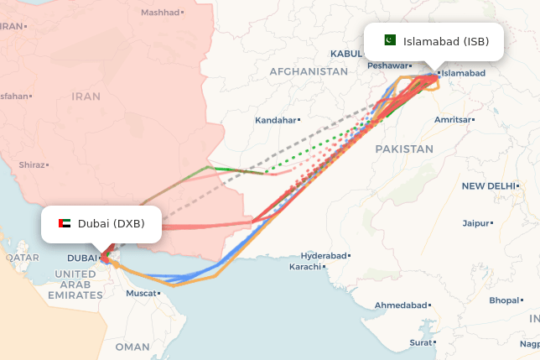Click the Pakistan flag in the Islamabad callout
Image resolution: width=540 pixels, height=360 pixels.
(389, 41)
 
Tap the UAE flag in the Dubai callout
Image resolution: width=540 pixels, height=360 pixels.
(65, 224)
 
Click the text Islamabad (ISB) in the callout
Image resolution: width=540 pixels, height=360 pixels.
(446, 41)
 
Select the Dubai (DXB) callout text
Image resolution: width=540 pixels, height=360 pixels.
(111, 224)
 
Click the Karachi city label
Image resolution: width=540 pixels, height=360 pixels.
(305, 267)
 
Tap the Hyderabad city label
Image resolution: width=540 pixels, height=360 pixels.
(324, 254)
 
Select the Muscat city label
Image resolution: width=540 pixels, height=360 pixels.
(141, 294)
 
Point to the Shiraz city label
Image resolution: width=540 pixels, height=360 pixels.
(32, 165)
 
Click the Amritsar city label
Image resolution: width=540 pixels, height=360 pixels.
(454, 120)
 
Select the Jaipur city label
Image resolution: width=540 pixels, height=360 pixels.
(476, 223)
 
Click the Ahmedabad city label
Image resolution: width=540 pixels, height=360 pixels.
(401, 305)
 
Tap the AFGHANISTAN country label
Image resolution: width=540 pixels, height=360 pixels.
(308, 72)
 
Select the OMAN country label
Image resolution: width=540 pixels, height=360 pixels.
(132, 347)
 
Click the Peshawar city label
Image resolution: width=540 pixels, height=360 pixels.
(387, 65)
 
